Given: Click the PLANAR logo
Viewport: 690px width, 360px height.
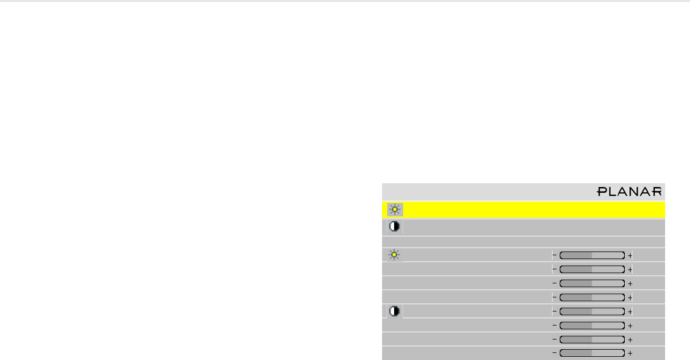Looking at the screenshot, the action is [630, 191].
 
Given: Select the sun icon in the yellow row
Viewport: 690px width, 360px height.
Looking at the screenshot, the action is [395, 209].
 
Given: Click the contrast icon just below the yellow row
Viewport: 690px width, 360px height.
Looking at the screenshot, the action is [395, 227].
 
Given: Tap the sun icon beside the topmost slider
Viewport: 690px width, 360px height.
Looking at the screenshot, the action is [395, 255].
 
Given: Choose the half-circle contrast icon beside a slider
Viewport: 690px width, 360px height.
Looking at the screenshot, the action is [395, 311].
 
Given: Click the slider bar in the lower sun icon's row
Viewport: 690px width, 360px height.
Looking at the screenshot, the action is [592, 255].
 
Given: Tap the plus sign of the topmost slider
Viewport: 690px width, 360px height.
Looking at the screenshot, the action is [630, 255].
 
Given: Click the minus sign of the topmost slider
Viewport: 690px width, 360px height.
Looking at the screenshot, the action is [554, 255].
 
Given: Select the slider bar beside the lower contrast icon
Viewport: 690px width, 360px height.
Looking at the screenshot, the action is [592, 311].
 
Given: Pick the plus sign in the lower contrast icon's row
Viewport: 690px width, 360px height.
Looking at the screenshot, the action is [630, 311].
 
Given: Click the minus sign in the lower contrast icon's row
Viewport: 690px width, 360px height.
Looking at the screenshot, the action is [554, 311].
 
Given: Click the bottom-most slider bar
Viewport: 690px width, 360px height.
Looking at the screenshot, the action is [592, 353].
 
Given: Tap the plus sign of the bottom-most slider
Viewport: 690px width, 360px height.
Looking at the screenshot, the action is [630, 353].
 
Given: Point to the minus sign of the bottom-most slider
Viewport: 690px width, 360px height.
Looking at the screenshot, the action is [554, 353].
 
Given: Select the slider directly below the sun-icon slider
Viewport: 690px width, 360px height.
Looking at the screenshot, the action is [592, 269].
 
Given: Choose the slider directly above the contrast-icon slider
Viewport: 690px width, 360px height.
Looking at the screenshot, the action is [592, 297].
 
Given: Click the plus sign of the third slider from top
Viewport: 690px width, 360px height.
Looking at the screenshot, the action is [630, 283].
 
